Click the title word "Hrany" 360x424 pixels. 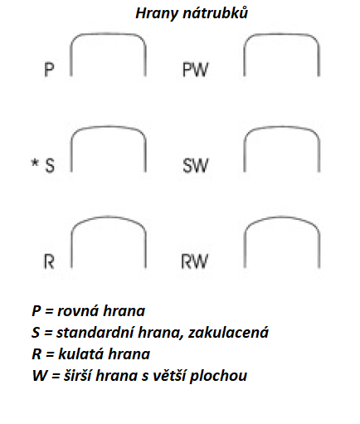[157, 14]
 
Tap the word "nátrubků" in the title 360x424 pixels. [215, 12]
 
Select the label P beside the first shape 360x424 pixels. [49, 70]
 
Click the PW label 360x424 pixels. [195, 70]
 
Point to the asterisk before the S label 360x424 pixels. [35, 163]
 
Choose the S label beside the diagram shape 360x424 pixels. [50, 165]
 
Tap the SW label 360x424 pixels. [195, 165]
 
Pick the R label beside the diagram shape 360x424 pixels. [49, 261]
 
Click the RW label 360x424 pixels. [194, 261]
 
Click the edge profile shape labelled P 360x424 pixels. [108, 34]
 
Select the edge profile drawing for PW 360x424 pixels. [281, 34]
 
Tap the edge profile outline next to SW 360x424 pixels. [282, 127]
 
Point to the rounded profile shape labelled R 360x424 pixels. [109, 217]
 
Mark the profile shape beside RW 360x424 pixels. [282, 217]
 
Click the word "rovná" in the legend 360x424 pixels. [78, 311]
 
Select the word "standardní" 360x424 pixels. [95, 332]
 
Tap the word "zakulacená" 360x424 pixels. [228, 333]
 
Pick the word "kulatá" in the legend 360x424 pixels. [80, 353]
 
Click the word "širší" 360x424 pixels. [77, 375]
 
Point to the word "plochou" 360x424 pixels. [218, 376]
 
